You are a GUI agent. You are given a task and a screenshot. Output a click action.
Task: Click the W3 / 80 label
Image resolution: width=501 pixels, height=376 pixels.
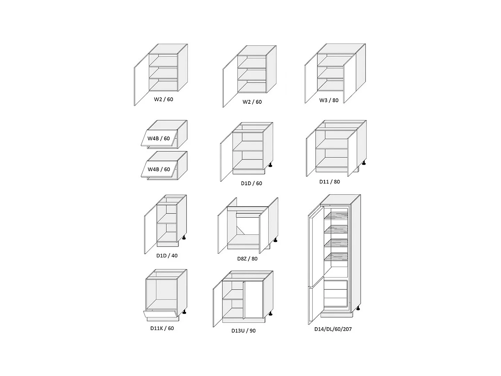point(329,100)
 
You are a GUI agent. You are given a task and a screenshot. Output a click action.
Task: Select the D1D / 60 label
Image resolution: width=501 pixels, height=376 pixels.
point(251,183)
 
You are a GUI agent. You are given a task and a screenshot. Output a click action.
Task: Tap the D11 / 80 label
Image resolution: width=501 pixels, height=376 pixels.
point(329,181)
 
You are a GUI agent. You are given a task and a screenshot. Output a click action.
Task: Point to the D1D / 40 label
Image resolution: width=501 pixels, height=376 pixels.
point(167,256)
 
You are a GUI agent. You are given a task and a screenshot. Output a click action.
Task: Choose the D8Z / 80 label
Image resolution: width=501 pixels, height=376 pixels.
point(247,259)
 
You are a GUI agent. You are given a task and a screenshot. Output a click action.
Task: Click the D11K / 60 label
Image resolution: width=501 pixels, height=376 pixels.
point(162,328)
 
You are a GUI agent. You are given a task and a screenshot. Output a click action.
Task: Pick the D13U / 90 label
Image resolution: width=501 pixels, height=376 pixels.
point(243,330)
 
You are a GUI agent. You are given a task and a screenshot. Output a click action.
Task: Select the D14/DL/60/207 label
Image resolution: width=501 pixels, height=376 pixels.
point(333,329)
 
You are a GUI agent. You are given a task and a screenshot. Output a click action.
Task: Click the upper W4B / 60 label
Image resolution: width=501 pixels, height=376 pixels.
point(159,139)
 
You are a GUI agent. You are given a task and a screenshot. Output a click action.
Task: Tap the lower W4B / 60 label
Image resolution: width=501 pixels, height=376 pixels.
point(159,169)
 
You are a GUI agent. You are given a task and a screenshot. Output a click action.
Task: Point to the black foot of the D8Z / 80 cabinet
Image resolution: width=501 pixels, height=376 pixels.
point(276,240)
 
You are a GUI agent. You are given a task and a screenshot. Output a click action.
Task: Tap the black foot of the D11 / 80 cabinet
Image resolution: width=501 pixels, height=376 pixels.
point(364,162)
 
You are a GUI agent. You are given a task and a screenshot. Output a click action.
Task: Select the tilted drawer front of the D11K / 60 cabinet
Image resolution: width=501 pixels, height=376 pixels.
point(161,315)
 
